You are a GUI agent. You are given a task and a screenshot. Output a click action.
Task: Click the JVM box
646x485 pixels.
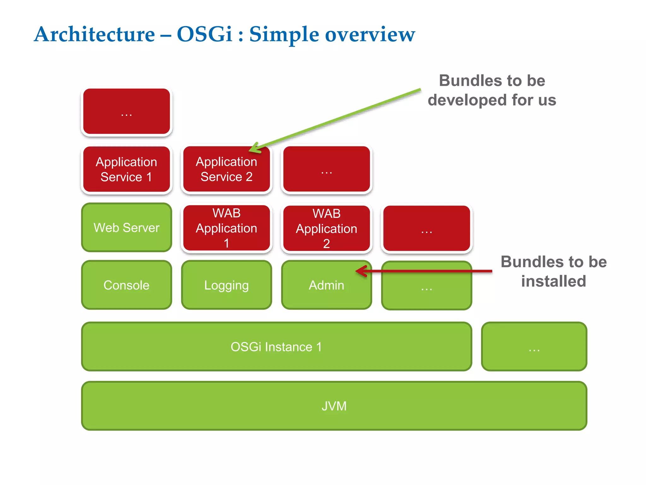click(x=334, y=406)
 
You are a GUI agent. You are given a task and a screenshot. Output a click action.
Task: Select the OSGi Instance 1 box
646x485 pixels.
click(x=276, y=347)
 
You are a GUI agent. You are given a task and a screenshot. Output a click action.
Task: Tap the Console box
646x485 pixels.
click(x=126, y=285)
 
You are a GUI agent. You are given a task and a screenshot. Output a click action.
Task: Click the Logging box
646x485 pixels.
click(x=226, y=285)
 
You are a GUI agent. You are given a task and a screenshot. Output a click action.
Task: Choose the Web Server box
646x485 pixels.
click(x=126, y=227)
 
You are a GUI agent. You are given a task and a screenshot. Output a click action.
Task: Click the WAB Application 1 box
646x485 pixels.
click(x=226, y=228)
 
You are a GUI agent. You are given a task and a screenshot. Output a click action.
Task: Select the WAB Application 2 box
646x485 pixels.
click(x=326, y=228)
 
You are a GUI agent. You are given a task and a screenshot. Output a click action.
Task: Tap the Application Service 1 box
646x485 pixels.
click(x=126, y=169)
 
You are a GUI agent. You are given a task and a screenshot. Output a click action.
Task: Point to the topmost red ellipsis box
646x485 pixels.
click(x=126, y=111)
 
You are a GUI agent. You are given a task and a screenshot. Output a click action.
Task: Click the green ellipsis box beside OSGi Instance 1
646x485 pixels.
click(x=534, y=347)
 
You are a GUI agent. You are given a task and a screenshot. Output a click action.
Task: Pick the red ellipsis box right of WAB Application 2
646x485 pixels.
click(x=426, y=228)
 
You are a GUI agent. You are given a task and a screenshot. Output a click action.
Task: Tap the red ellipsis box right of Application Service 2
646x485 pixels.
click(x=326, y=169)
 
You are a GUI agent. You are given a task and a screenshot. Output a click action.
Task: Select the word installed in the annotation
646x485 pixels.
click(x=554, y=281)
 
